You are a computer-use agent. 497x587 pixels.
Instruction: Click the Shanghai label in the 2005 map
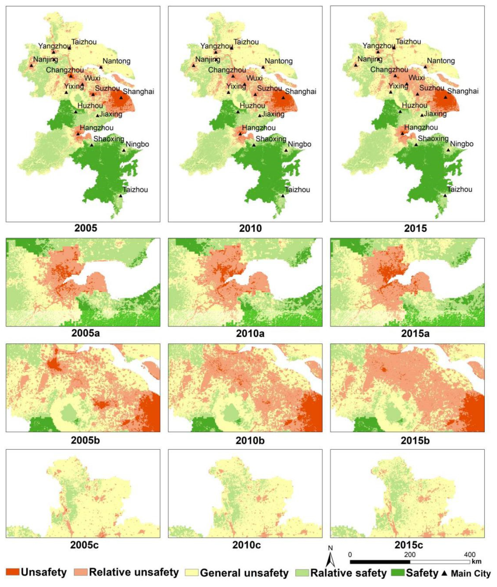tap(139, 92)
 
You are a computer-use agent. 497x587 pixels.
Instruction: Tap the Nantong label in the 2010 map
tap(279, 61)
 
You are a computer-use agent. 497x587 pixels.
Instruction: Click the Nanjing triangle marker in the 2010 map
tap(194, 65)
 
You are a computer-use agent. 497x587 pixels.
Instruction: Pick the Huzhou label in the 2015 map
tap(414, 106)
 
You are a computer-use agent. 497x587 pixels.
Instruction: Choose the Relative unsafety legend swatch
tap(81, 572)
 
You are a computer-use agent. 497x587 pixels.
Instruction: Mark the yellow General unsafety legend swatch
tap(192, 573)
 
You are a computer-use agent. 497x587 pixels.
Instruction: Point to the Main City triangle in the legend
tap(444, 573)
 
